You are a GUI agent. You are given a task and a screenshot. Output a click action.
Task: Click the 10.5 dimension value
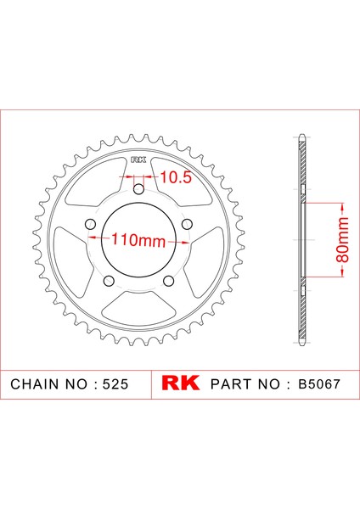point(176,177)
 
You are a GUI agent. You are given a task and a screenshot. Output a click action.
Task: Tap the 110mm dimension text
point(138,241)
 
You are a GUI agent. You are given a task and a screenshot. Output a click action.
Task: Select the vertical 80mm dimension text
point(342,240)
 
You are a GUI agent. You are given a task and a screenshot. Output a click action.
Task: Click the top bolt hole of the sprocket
point(138,189)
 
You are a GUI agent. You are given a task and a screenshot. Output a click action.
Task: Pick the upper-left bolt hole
point(90,224)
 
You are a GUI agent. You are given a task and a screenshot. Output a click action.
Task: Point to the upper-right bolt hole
point(187,224)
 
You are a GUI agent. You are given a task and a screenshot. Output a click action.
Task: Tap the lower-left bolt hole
point(109,281)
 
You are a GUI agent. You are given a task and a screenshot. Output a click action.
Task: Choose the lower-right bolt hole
point(168,281)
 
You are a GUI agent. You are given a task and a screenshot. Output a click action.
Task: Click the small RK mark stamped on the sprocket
point(138,159)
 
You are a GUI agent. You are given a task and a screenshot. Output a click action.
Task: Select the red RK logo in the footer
point(181,383)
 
